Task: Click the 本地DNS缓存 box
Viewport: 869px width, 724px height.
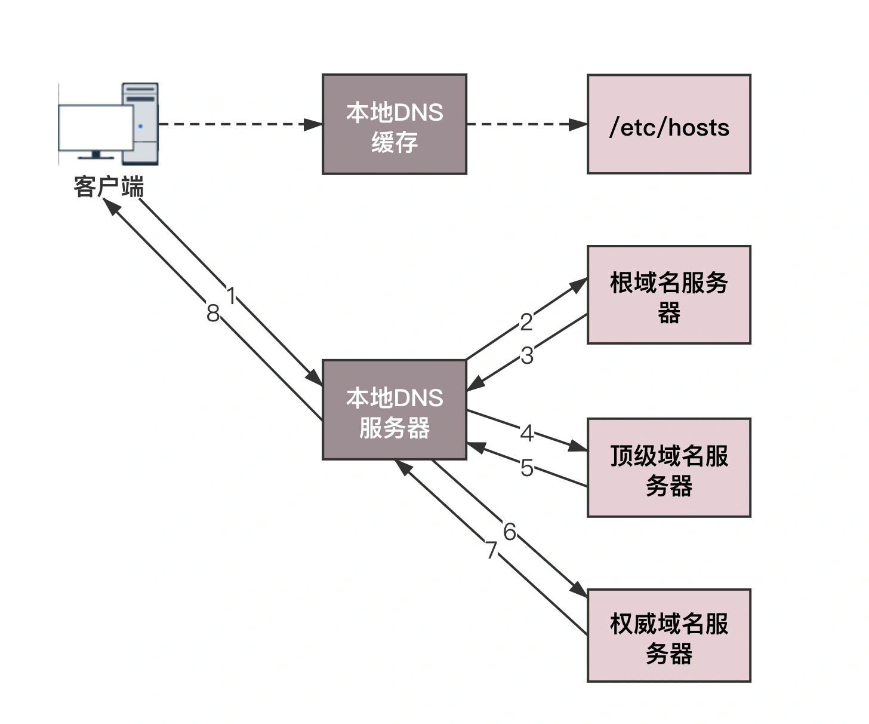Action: pos(394,124)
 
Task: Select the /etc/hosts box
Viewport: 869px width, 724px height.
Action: pos(668,124)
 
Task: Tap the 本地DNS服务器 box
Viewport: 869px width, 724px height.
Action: pos(394,410)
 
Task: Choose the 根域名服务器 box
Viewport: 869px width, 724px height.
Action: pos(668,294)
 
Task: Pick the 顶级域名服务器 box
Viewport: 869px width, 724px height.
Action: pos(668,467)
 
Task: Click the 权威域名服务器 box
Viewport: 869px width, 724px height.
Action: pos(668,635)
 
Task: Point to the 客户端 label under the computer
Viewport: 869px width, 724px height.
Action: pos(109,187)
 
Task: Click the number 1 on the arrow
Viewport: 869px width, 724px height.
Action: pos(232,295)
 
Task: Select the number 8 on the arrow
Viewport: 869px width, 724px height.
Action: pos(212,314)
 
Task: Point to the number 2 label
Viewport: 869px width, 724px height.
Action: pos(526,323)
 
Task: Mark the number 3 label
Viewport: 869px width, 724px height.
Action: pos(526,356)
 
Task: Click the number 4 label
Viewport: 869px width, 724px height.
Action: pos(526,433)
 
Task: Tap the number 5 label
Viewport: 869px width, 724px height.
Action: pos(526,468)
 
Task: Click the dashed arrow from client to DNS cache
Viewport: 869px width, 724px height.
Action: pos(239,124)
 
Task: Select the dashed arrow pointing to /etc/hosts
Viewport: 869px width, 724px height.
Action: pos(525,124)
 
